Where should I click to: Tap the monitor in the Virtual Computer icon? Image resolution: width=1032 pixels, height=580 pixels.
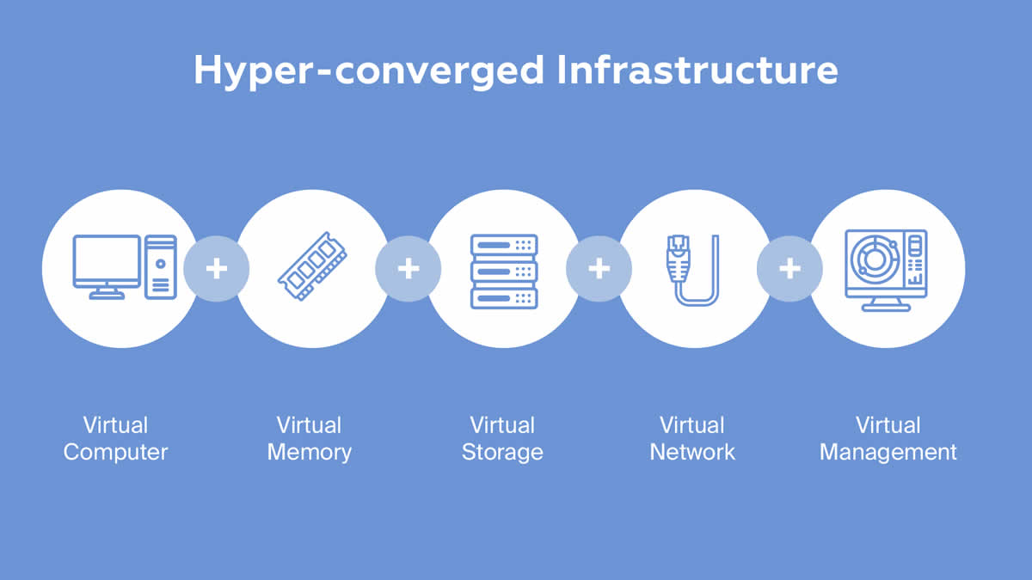(107, 261)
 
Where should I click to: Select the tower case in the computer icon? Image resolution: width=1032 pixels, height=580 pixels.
(161, 266)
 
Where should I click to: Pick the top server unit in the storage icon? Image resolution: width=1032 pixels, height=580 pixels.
(503, 245)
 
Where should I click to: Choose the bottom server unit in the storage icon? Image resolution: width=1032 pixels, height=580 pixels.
(503, 297)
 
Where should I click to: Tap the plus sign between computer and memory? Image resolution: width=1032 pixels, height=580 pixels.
(217, 269)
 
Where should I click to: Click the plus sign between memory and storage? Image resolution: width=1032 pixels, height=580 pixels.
(408, 269)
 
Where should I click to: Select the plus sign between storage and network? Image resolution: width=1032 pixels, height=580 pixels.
(599, 269)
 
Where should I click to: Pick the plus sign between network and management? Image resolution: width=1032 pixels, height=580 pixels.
(789, 269)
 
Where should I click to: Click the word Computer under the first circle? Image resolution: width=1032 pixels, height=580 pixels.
(115, 452)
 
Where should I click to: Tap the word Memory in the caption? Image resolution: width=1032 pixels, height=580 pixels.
(310, 452)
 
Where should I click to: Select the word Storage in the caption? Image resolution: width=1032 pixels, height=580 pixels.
(502, 452)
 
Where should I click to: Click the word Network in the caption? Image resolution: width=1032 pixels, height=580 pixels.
(692, 452)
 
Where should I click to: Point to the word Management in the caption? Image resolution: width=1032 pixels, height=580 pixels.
(888, 452)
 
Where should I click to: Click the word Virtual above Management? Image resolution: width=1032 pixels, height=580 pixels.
(888, 425)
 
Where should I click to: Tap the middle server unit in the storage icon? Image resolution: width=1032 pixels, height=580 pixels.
(503, 271)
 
